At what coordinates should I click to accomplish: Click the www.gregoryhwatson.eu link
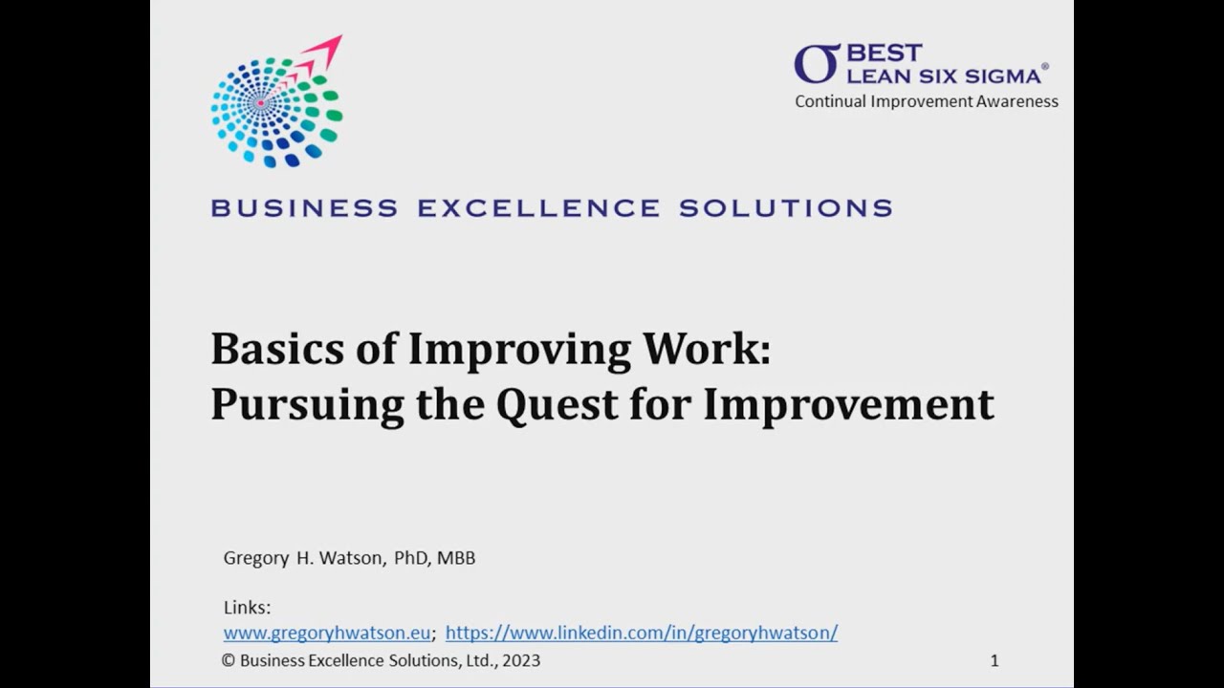pyautogui.click(x=327, y=633)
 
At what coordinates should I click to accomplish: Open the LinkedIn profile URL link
pyautogui.click(x=641, y=633)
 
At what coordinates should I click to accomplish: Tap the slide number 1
pyautogui.click(x=994, y=660)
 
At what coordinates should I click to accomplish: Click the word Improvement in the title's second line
pyautogui.click(x=849, y=404)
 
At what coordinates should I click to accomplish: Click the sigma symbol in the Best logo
pyautogui.click(x=817, y=63)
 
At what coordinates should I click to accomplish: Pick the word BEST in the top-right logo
pyautogui.click(x=885, y=53)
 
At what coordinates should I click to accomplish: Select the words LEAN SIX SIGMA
pyautogui.click(x=944, y=75)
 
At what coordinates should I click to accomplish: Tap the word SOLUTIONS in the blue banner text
pyautogui.click(x=786, y=207)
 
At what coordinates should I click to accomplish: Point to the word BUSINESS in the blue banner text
pyautogui.click(x=304, y=207)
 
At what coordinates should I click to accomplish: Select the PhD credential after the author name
pyautogui.click(x=413, y=558)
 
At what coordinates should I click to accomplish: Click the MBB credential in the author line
pyautogui.click(x=456, y=558)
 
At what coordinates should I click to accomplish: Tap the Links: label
pyautogui.click(x=247, y=608)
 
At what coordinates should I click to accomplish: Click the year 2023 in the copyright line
pyautogui.click(x=520, y=660)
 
